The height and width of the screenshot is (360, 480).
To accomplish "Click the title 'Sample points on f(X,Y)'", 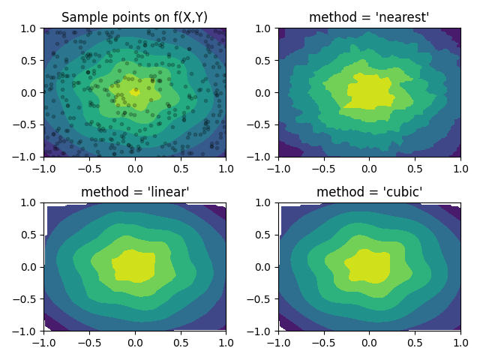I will [134, 17].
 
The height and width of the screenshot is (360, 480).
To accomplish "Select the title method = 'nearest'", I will [369, 17].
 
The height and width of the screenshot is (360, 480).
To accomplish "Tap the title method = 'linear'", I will [134, 192].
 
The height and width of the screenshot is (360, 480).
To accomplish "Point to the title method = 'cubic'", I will [369, 192].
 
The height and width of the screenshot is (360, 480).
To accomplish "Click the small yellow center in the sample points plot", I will [135, 92].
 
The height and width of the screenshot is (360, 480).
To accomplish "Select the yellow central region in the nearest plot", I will [367, 91].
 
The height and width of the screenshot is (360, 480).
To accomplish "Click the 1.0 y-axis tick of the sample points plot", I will [28, 28].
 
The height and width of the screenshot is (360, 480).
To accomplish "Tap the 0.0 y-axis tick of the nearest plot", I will [263, 93].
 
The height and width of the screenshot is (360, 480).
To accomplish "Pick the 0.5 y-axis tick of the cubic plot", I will [263, 235].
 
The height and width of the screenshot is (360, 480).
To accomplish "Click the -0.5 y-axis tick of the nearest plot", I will [260, 125].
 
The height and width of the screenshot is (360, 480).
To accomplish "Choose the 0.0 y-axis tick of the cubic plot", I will [263, 267].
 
